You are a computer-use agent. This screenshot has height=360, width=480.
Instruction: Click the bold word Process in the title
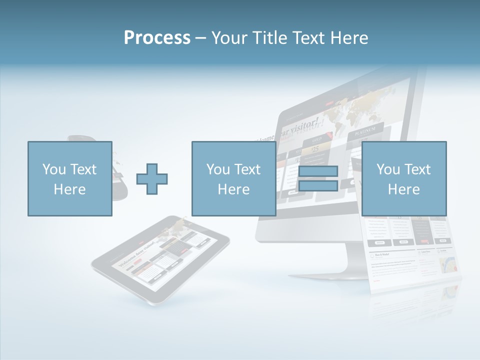157,38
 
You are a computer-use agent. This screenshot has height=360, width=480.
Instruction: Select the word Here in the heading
348,38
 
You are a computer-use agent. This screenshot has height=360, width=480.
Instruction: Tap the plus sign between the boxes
152,178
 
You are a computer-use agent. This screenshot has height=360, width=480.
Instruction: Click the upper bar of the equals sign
318,171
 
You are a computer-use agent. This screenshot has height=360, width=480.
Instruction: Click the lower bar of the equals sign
318,186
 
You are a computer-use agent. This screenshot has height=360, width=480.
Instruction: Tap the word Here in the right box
403,189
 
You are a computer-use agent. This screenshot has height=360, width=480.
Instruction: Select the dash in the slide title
200,38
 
